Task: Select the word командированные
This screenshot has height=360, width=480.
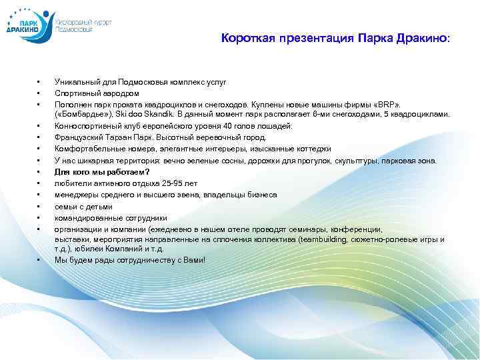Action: click(85, 217)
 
